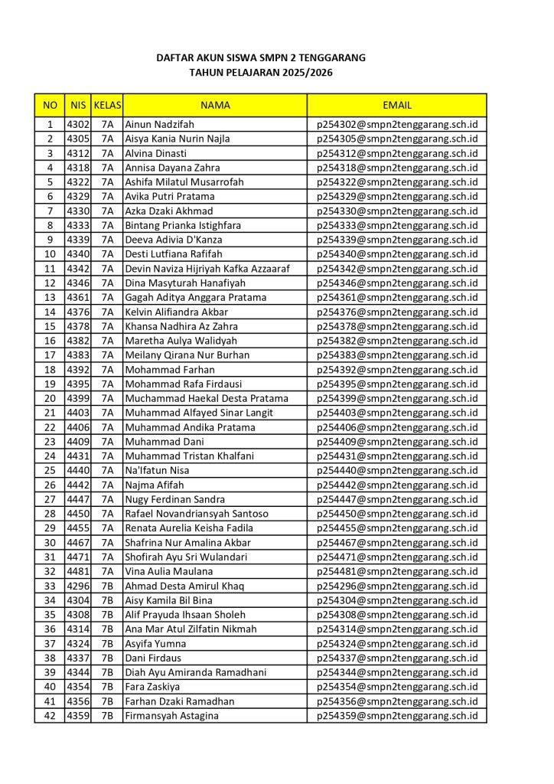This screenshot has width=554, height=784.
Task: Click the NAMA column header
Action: (215, 105)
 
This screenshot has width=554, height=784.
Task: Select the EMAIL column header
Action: (396, 105)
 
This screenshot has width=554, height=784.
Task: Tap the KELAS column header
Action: (107, 105)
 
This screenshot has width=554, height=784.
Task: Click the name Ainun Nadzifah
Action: (160, 124)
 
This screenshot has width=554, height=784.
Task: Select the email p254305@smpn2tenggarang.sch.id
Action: (396, 139)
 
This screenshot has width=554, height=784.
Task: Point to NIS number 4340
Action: (78, 254)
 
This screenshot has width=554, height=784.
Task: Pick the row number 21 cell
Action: (50, 413)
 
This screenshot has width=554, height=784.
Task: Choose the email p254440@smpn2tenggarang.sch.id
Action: (396, 470)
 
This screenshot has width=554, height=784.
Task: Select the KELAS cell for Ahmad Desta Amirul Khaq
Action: (107, 586)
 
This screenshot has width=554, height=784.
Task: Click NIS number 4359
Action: (78, 716)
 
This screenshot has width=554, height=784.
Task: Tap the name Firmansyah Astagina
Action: (171, 716)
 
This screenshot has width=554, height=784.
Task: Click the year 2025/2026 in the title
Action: (301, 73)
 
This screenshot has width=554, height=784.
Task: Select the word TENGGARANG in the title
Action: (331, 57)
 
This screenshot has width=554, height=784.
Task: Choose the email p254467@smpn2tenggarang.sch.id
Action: (396, 543)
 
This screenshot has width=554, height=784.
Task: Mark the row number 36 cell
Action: (50, 629)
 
